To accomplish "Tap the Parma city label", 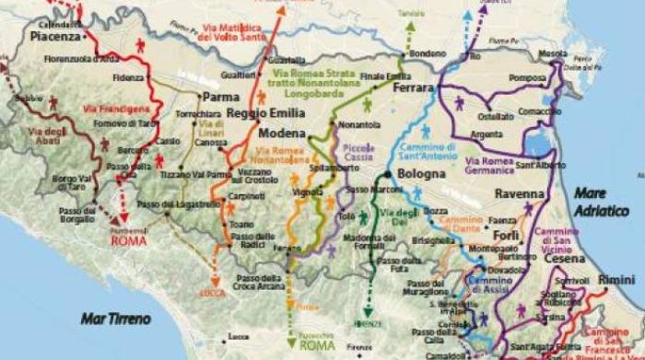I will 215,97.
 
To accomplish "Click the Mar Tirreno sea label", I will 110,318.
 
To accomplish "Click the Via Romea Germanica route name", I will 490,166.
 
